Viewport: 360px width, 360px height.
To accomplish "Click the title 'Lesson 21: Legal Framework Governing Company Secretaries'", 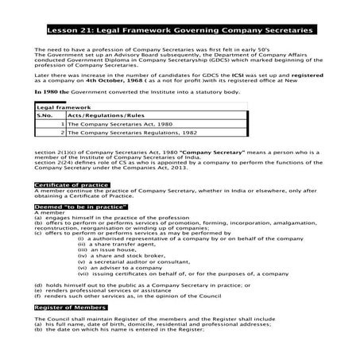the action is click(x=180, y=30).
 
